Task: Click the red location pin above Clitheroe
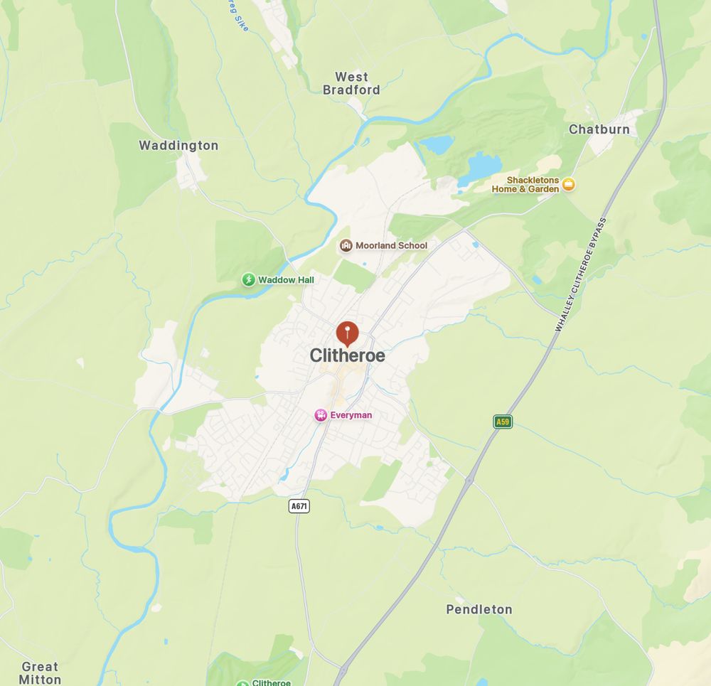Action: click(x=347, y=332)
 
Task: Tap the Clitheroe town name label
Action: click(x=347, y=355)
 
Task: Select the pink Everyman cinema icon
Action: click(x=321, y=415)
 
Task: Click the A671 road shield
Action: click(x=299, y=506)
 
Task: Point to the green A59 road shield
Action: click(x=503, y=422)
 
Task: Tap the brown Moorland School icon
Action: click(x=346, y=246)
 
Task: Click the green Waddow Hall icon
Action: click(x=249, y=280)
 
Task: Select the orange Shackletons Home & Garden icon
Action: click(x=568, y=185)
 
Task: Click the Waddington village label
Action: click(x=178, y=146)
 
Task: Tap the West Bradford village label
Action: click(x=351, y=83)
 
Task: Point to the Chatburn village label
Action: click(x=599, y=129)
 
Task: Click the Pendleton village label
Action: click(x=479, y=609)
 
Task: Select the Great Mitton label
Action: click(x=40, y=672)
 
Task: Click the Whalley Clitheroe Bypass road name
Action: click(x=582, y=274)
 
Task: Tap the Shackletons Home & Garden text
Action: click(x=525, y=185)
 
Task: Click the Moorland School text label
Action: click(x=391, y=246)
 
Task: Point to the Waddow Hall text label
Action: click(x=286, y=280)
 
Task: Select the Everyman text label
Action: click(x=351, y=415)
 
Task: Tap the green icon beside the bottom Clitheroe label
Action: click(x=243, y=683)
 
